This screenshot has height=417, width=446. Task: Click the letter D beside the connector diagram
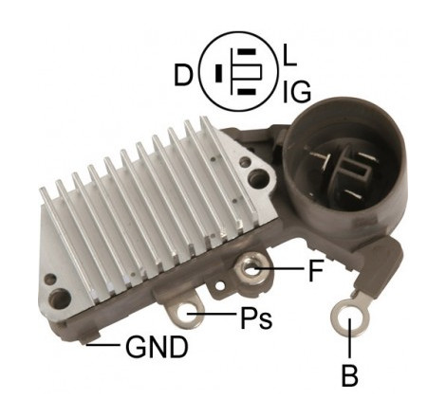click(183, 75)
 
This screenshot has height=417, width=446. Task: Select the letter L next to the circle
click(289, 56)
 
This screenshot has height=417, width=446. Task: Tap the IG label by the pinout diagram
click(296, 92)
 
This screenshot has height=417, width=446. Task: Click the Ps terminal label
click(256, 317)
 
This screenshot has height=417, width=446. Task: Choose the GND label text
click(157, 347)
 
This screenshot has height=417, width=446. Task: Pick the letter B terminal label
click(350, 375)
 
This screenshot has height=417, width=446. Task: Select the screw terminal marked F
click(250, 269)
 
